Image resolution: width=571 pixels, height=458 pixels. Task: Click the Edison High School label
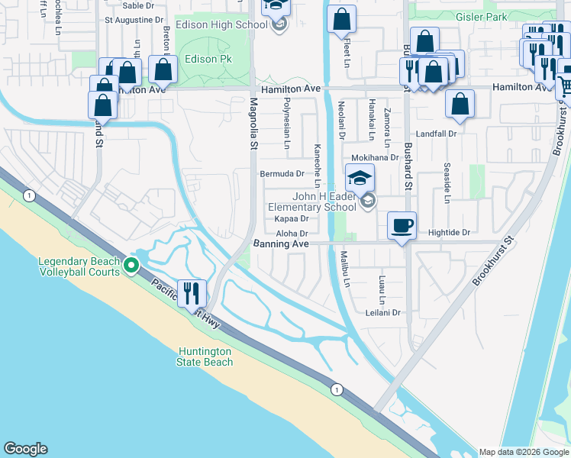coord(230,24)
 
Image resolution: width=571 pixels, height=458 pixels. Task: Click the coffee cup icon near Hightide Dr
coord(402,226)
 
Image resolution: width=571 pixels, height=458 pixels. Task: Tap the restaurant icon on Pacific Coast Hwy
coord(191,292)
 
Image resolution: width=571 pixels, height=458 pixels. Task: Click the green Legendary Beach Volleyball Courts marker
coord(131,266)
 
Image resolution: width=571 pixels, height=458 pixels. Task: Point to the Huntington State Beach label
coord(205,356)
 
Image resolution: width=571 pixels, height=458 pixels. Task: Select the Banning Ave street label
coord(281,244)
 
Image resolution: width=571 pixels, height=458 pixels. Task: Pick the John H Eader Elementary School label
coord(312,201)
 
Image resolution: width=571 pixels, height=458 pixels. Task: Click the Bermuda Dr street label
coord(282,174)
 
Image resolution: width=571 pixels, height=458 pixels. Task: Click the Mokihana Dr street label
coord(376,158)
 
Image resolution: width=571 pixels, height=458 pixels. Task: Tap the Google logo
coord(25,449)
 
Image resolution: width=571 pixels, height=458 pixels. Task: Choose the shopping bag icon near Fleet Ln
coord(341,19)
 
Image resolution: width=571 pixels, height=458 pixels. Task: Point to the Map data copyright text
coord(524,452)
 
